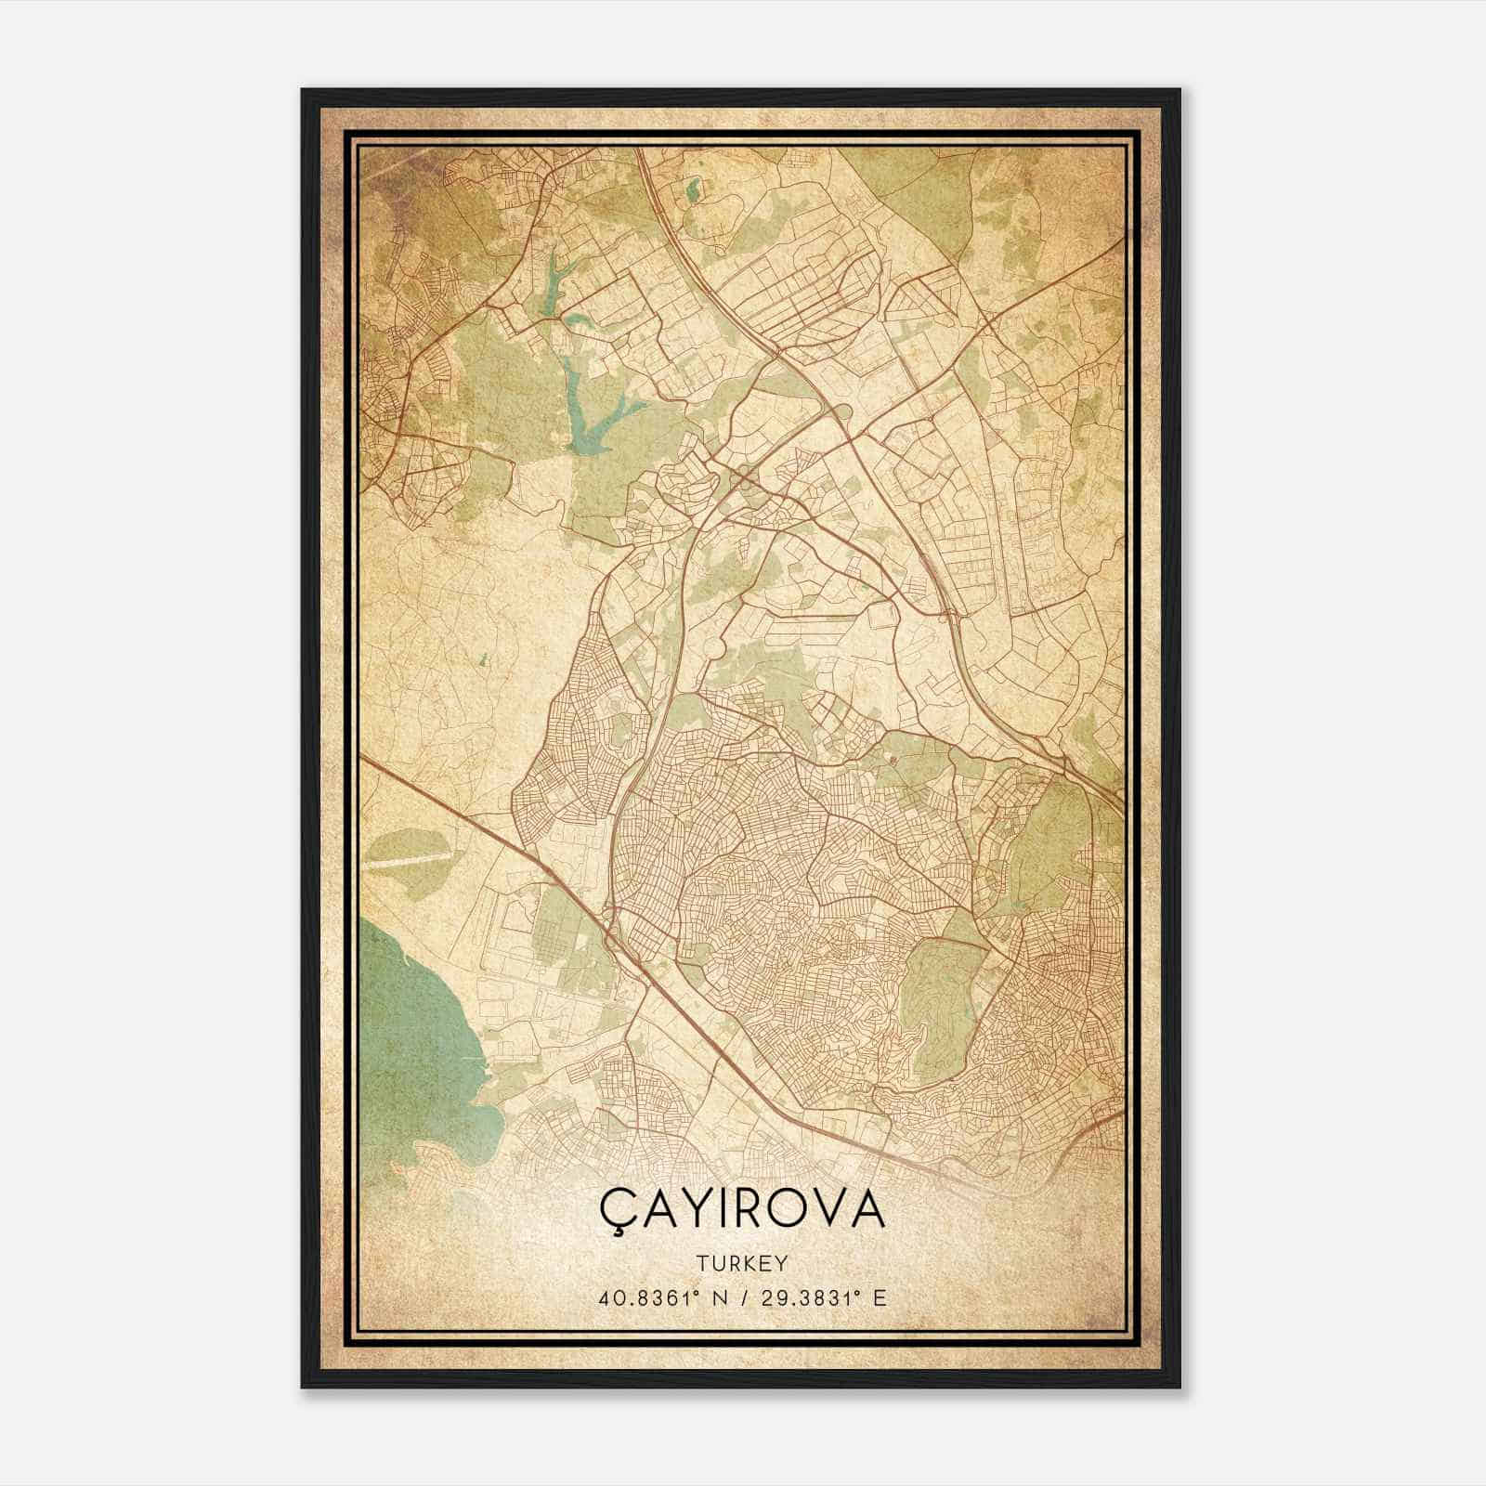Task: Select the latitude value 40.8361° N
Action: point(660,1297)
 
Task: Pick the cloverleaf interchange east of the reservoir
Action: point(743,478)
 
